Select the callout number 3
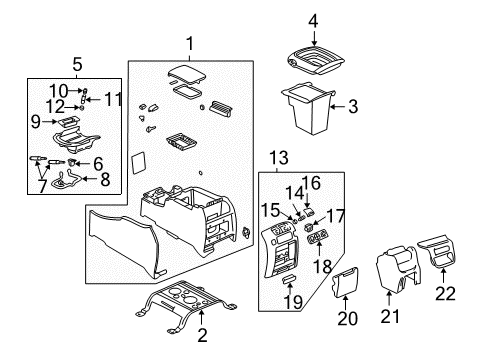(x=351, y=103)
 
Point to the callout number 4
(x=313, y=19)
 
